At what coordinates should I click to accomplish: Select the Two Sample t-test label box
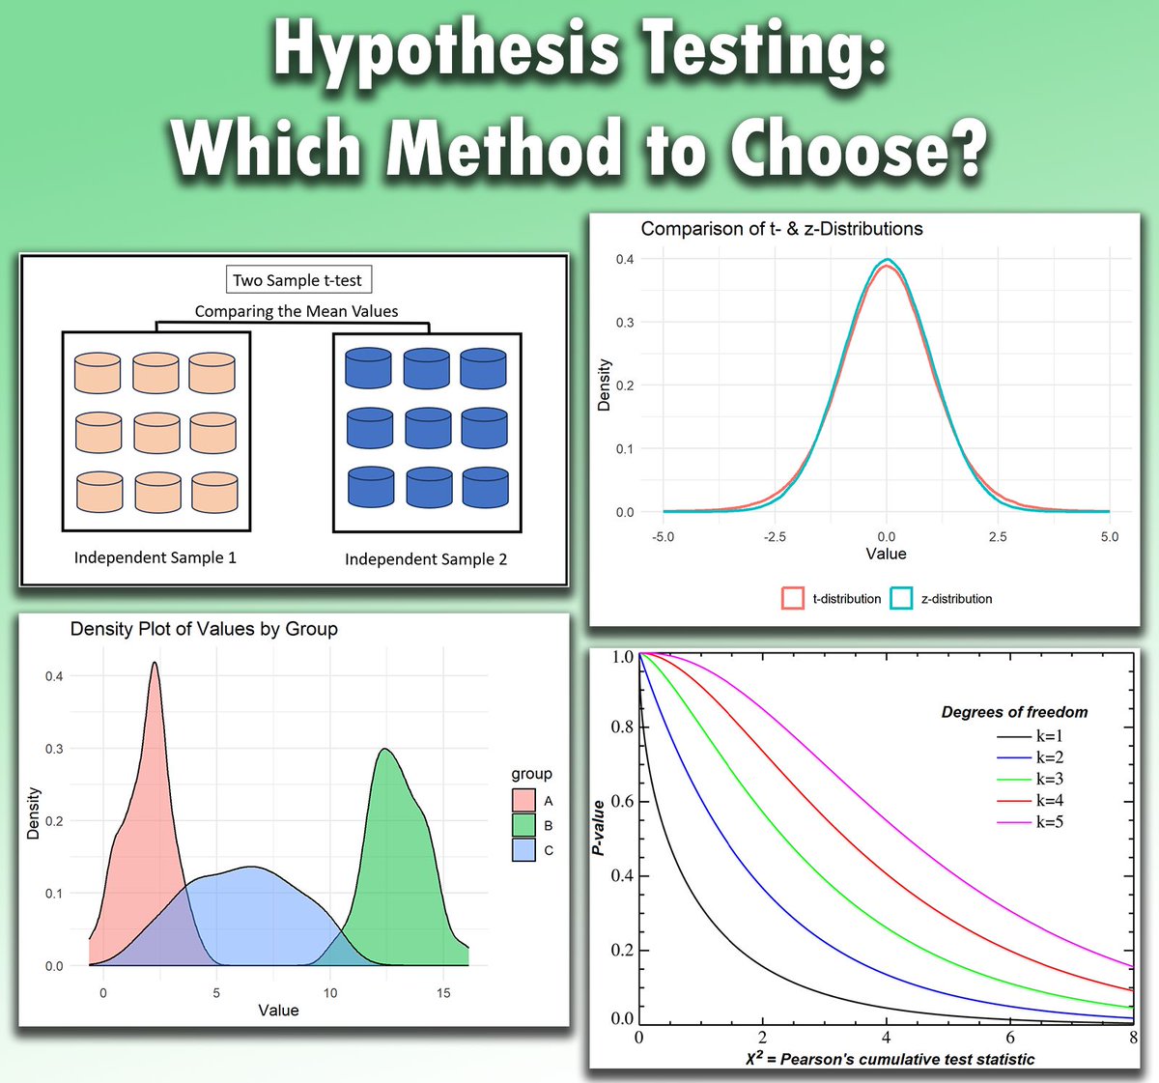click(x=297, y=280)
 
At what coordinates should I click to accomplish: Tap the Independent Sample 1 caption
click(x=155, y=557)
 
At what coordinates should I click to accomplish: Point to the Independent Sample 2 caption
click(x=426, y=559)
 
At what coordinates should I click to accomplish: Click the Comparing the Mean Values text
click(x=297, y=311)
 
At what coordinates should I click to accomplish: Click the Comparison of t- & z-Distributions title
click(x=781, y=229)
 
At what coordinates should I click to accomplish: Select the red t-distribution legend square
click(x=793, y=598)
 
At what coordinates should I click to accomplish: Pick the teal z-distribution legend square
click(x=901, y=598)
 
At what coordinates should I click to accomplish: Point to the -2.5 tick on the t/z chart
click(x=775, y=536)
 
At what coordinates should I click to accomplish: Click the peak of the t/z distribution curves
click(x=887, y=262)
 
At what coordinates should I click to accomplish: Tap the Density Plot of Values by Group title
click(x=204, y=629)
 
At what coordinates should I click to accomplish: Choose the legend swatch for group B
click(x=523, y=825)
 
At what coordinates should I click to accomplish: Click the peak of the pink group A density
click(x=155, y=664)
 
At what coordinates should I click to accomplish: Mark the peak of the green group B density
click(x=385, y=750)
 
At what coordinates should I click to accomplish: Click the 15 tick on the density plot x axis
click(x=443, y=992)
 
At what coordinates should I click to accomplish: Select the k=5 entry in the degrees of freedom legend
click(x=1049, y=822)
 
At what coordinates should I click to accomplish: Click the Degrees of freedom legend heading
click(x=1014, y=712)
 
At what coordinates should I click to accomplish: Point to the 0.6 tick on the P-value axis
click(x=623, y=801)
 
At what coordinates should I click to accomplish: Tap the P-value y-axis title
click(x=599, y=828)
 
